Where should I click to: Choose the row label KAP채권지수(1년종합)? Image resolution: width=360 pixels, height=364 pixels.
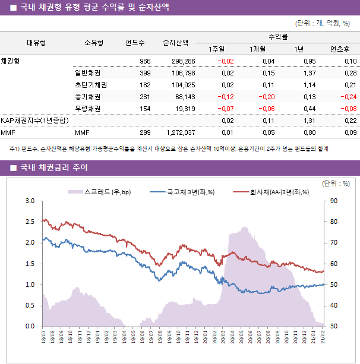pos(34,121)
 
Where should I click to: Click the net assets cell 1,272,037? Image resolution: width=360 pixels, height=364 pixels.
pos(178,132)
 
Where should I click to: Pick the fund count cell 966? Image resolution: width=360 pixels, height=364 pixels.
pos(144,61)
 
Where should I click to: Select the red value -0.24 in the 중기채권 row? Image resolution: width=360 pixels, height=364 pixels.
pos(348,97)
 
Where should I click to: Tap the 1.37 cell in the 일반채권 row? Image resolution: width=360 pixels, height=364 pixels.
pos(308,73)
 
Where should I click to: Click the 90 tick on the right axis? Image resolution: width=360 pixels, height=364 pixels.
pos(334,201)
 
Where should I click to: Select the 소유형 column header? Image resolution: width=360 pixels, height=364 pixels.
pos(94,43)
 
